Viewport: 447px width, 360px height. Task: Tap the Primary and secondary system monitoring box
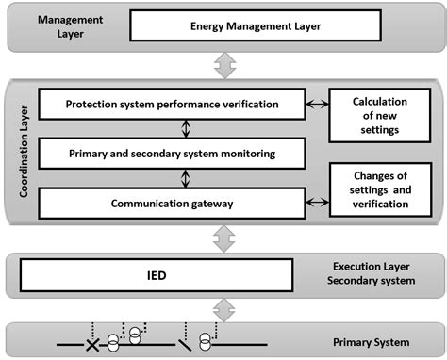click(173, 151)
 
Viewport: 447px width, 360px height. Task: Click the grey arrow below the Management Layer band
click(223, 64)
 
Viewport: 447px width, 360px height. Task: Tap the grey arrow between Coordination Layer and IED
click(223, 239)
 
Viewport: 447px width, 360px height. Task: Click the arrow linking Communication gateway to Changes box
click(317, 199)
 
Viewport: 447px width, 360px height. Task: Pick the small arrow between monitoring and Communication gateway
click(186, 175)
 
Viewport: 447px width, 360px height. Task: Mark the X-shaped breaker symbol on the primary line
click(91, 346)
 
